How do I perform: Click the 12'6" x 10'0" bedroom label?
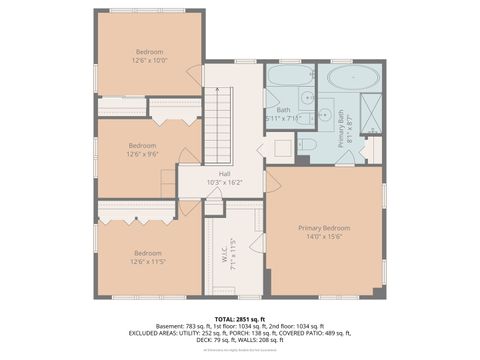[149, 55]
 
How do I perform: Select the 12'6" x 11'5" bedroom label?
[147, 257]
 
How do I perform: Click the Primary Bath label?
[341, 128]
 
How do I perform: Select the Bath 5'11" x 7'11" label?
[283, 114]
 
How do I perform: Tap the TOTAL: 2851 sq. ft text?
[240, 318]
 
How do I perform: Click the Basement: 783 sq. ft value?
[166, 327]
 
